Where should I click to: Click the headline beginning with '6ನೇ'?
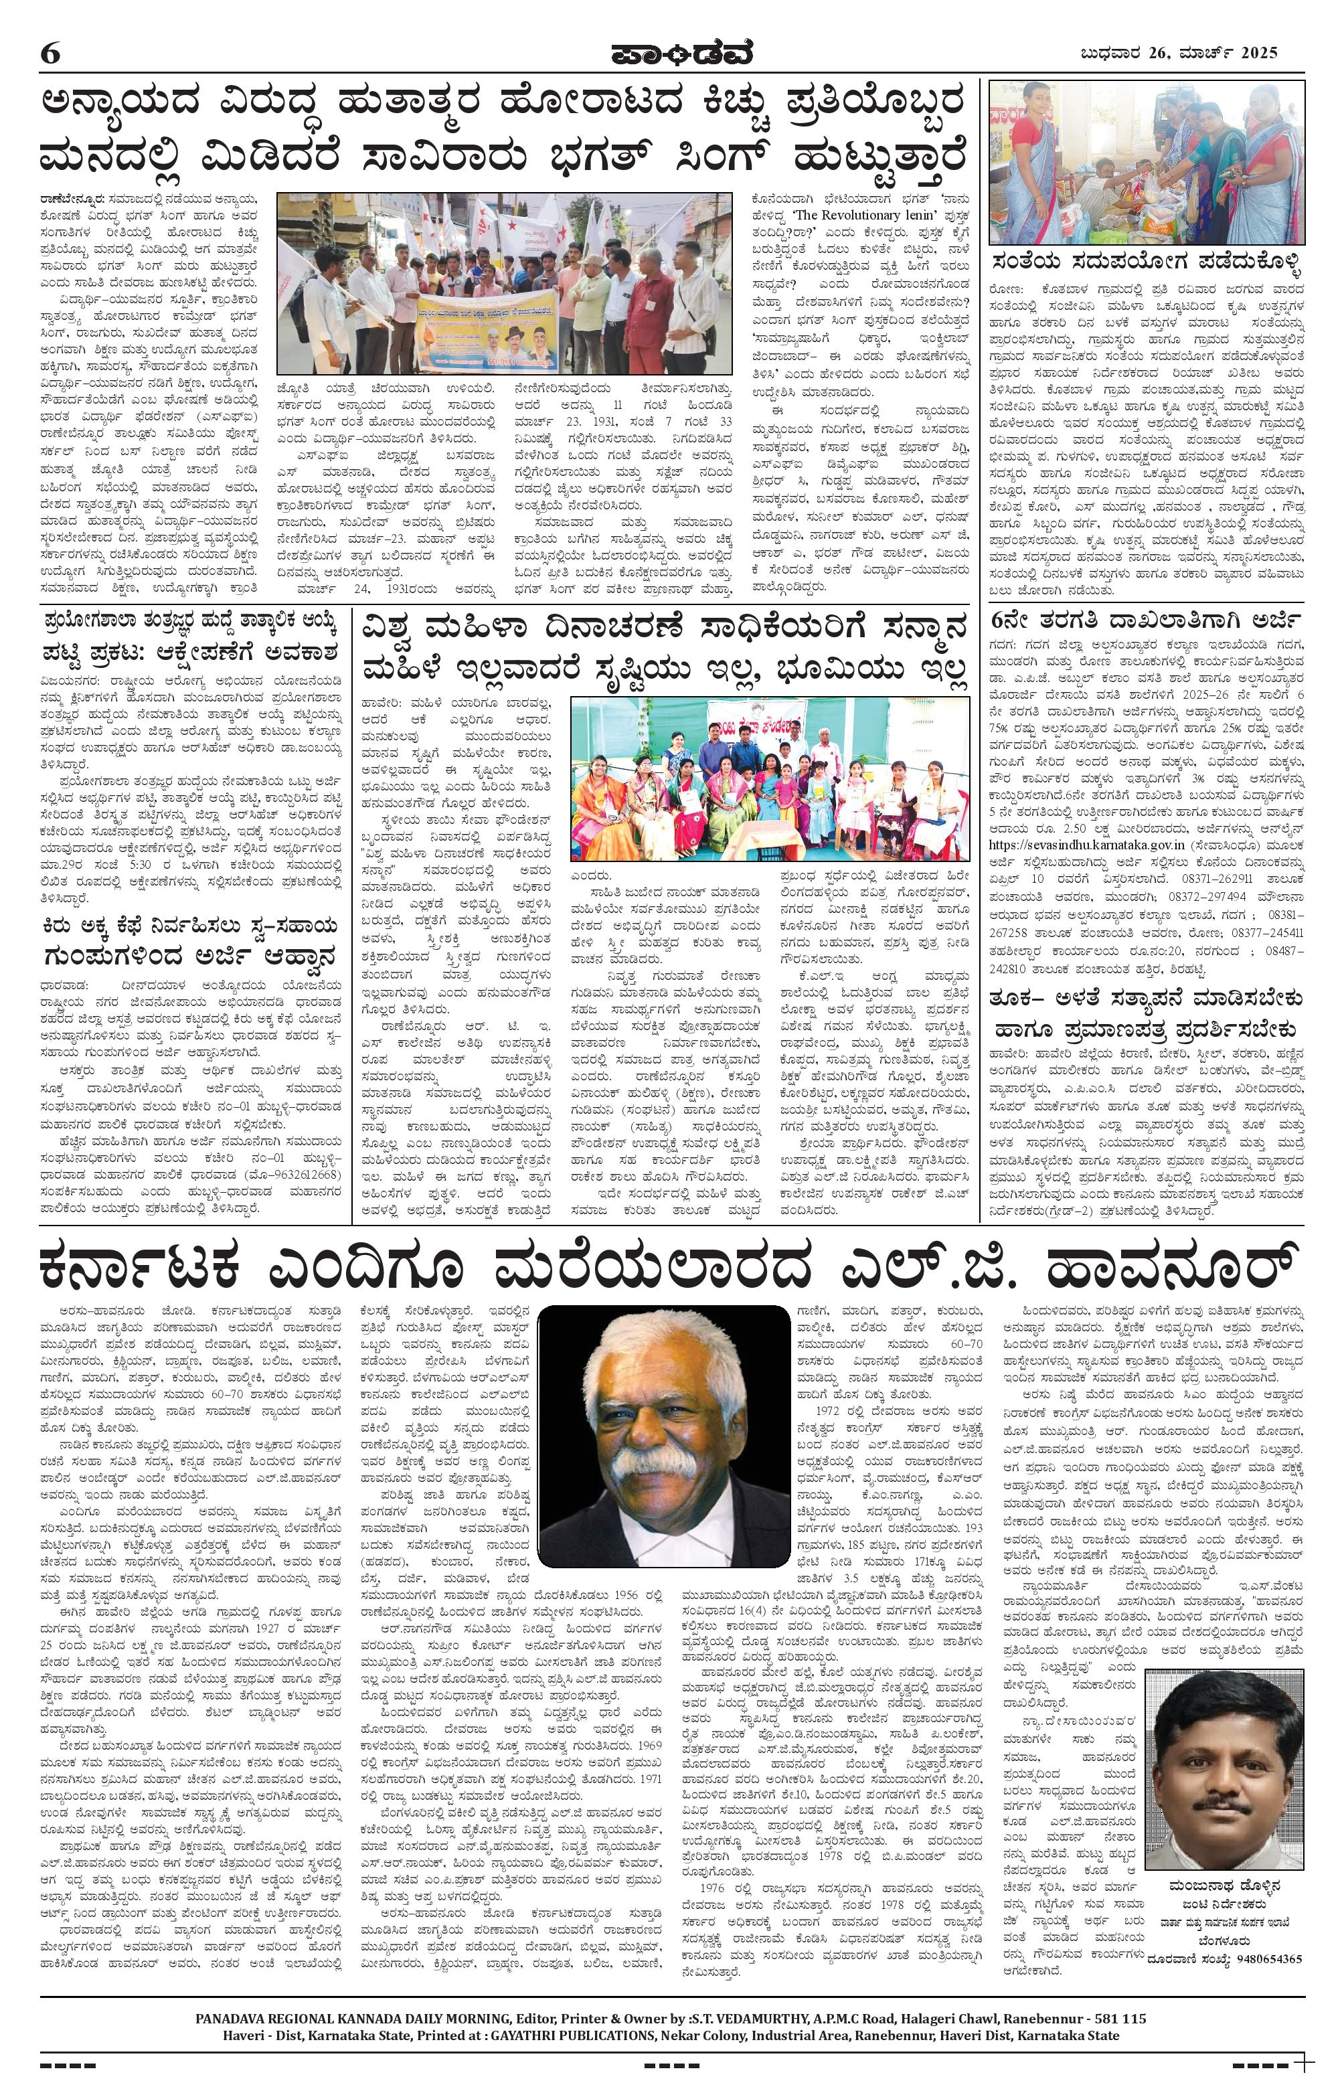1145,621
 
